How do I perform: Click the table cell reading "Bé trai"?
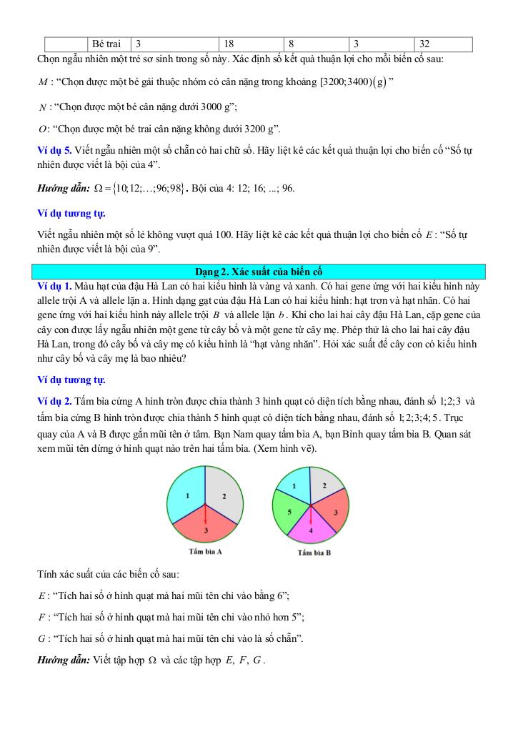[109, 44]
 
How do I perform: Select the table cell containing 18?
[250, 44]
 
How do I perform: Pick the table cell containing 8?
[315, 44]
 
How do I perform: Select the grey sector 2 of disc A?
[225, 495]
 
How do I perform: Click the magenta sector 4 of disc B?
[311, 530]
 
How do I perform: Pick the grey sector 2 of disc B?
[325, 486]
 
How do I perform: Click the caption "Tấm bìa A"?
[206, 552]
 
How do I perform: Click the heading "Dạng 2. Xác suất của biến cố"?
[259, 272]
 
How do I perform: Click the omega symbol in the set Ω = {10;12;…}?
[88, 188]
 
